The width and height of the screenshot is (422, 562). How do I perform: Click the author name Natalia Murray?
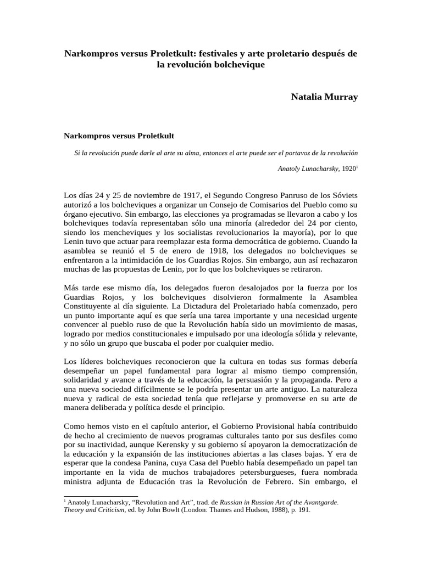(324, 97)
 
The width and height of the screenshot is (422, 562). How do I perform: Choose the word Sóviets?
(343, 194)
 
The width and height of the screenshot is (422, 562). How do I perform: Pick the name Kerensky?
(208, 443)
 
